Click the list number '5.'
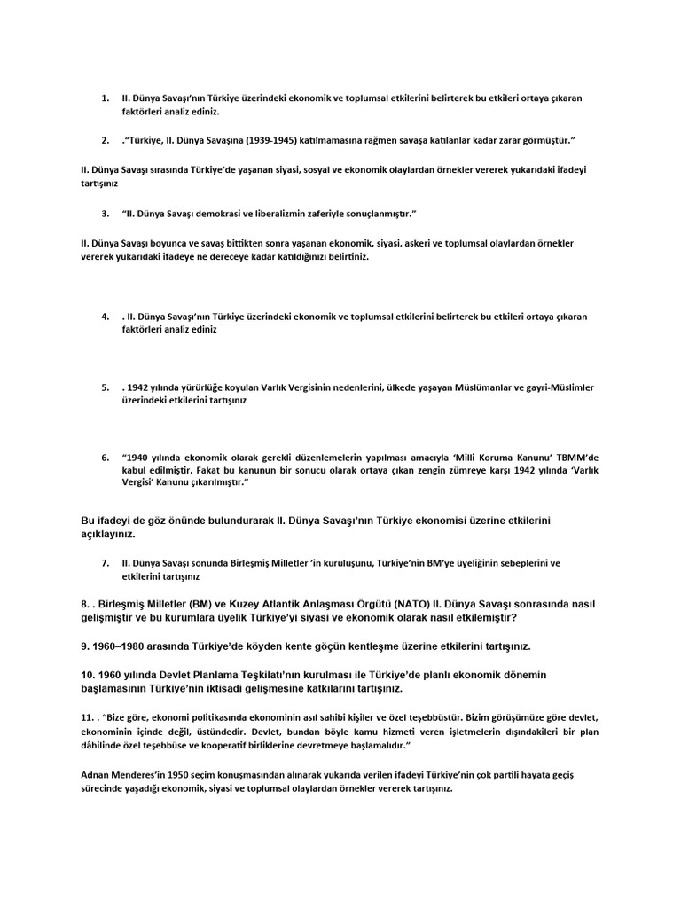[x=106, y=387]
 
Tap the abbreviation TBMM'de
[x=574, y=457]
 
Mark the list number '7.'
[x=106, y=562]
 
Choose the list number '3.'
[x=106, y=214]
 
